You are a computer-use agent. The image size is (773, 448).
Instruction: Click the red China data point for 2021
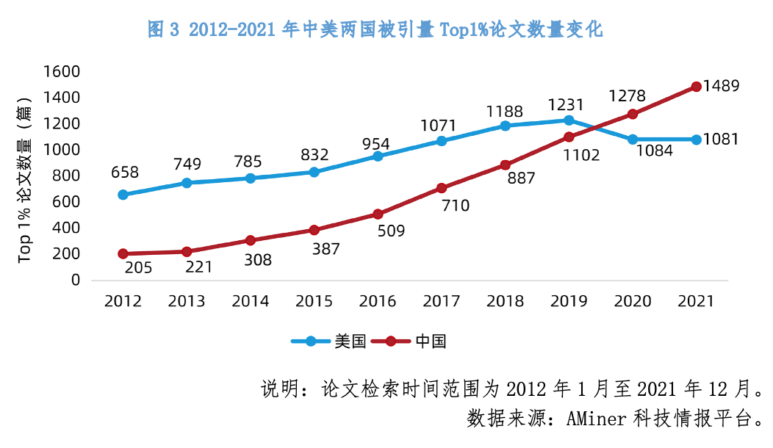(696, 87)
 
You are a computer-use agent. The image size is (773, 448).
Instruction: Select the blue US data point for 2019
(569, 120)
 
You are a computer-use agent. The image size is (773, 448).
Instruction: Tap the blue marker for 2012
(123, 195)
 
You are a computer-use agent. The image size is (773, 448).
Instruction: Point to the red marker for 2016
(378, 214)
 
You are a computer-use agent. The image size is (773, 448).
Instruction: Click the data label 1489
(721, 86)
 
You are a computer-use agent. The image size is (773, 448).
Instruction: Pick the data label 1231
(568, 104)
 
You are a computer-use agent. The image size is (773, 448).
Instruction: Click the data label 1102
(580, 155)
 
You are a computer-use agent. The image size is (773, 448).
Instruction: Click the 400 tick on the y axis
(66, 228)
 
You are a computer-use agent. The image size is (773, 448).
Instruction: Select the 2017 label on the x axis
(442, 302)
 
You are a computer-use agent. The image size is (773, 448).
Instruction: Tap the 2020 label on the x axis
(632, 302)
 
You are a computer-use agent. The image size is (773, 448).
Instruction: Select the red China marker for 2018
(505, 165)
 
